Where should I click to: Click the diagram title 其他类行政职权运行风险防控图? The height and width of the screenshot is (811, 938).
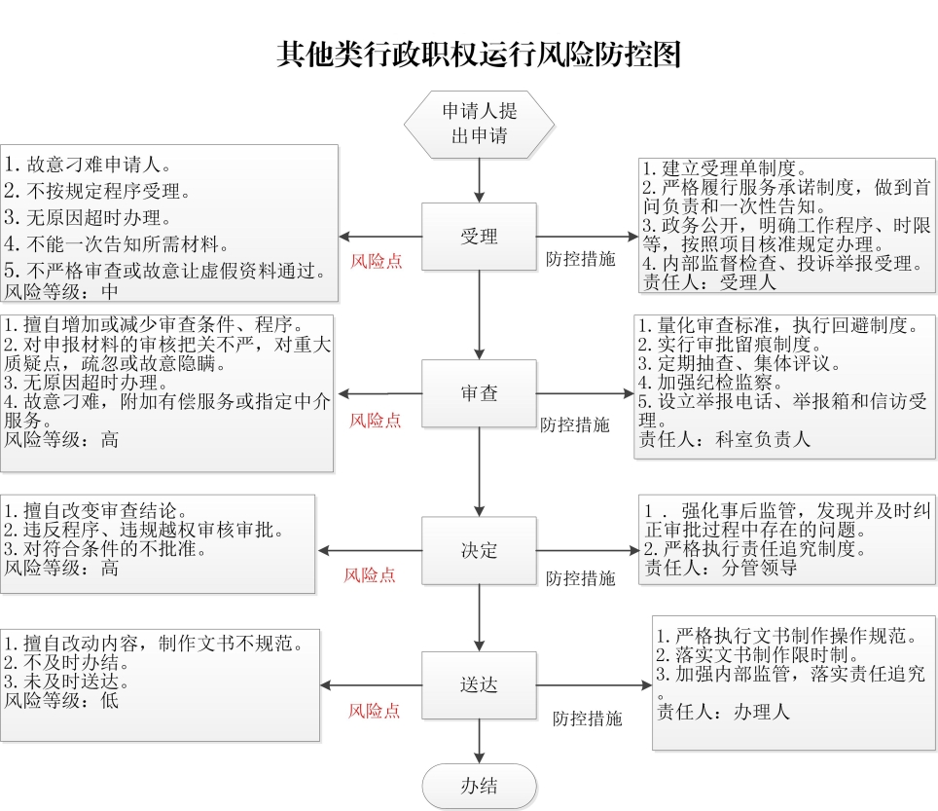click(x=479, y=55)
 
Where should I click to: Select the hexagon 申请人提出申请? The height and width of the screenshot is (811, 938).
click(x=479, y=125)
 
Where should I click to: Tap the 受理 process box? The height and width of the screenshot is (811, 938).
click(x=479, y=237)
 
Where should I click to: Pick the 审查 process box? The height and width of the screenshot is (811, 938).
click(x=479, y=393)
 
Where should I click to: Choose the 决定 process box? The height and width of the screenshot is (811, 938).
click(x=479, y=551)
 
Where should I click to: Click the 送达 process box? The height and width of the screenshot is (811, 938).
click(x=479, y=684)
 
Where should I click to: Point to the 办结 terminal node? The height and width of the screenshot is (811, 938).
click(x=479, y=786)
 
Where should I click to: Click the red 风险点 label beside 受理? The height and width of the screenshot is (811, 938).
click(x=377, y=261)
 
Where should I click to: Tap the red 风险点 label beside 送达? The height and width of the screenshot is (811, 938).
click(x=374, y=711)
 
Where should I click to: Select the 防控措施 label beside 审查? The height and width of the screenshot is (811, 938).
click(x=575, y=424)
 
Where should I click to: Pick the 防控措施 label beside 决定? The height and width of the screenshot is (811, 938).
click(x=580, y=578)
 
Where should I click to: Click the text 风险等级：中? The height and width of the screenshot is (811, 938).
click(x=61, y=291)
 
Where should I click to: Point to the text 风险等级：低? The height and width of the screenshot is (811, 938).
click(x=61, y=700)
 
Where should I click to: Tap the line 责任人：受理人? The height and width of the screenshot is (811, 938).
click(x=709, y=282)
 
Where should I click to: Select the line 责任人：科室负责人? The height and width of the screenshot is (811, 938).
click(x=725, y=439)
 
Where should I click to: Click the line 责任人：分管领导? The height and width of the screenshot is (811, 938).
click(x=721, y=567)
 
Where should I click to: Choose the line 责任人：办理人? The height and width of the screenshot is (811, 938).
click(x=723, y=712)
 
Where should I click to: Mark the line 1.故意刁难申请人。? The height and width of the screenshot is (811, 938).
click(x=89, y=164)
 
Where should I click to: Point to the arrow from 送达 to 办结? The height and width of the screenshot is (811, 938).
click(x=479, y=741)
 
